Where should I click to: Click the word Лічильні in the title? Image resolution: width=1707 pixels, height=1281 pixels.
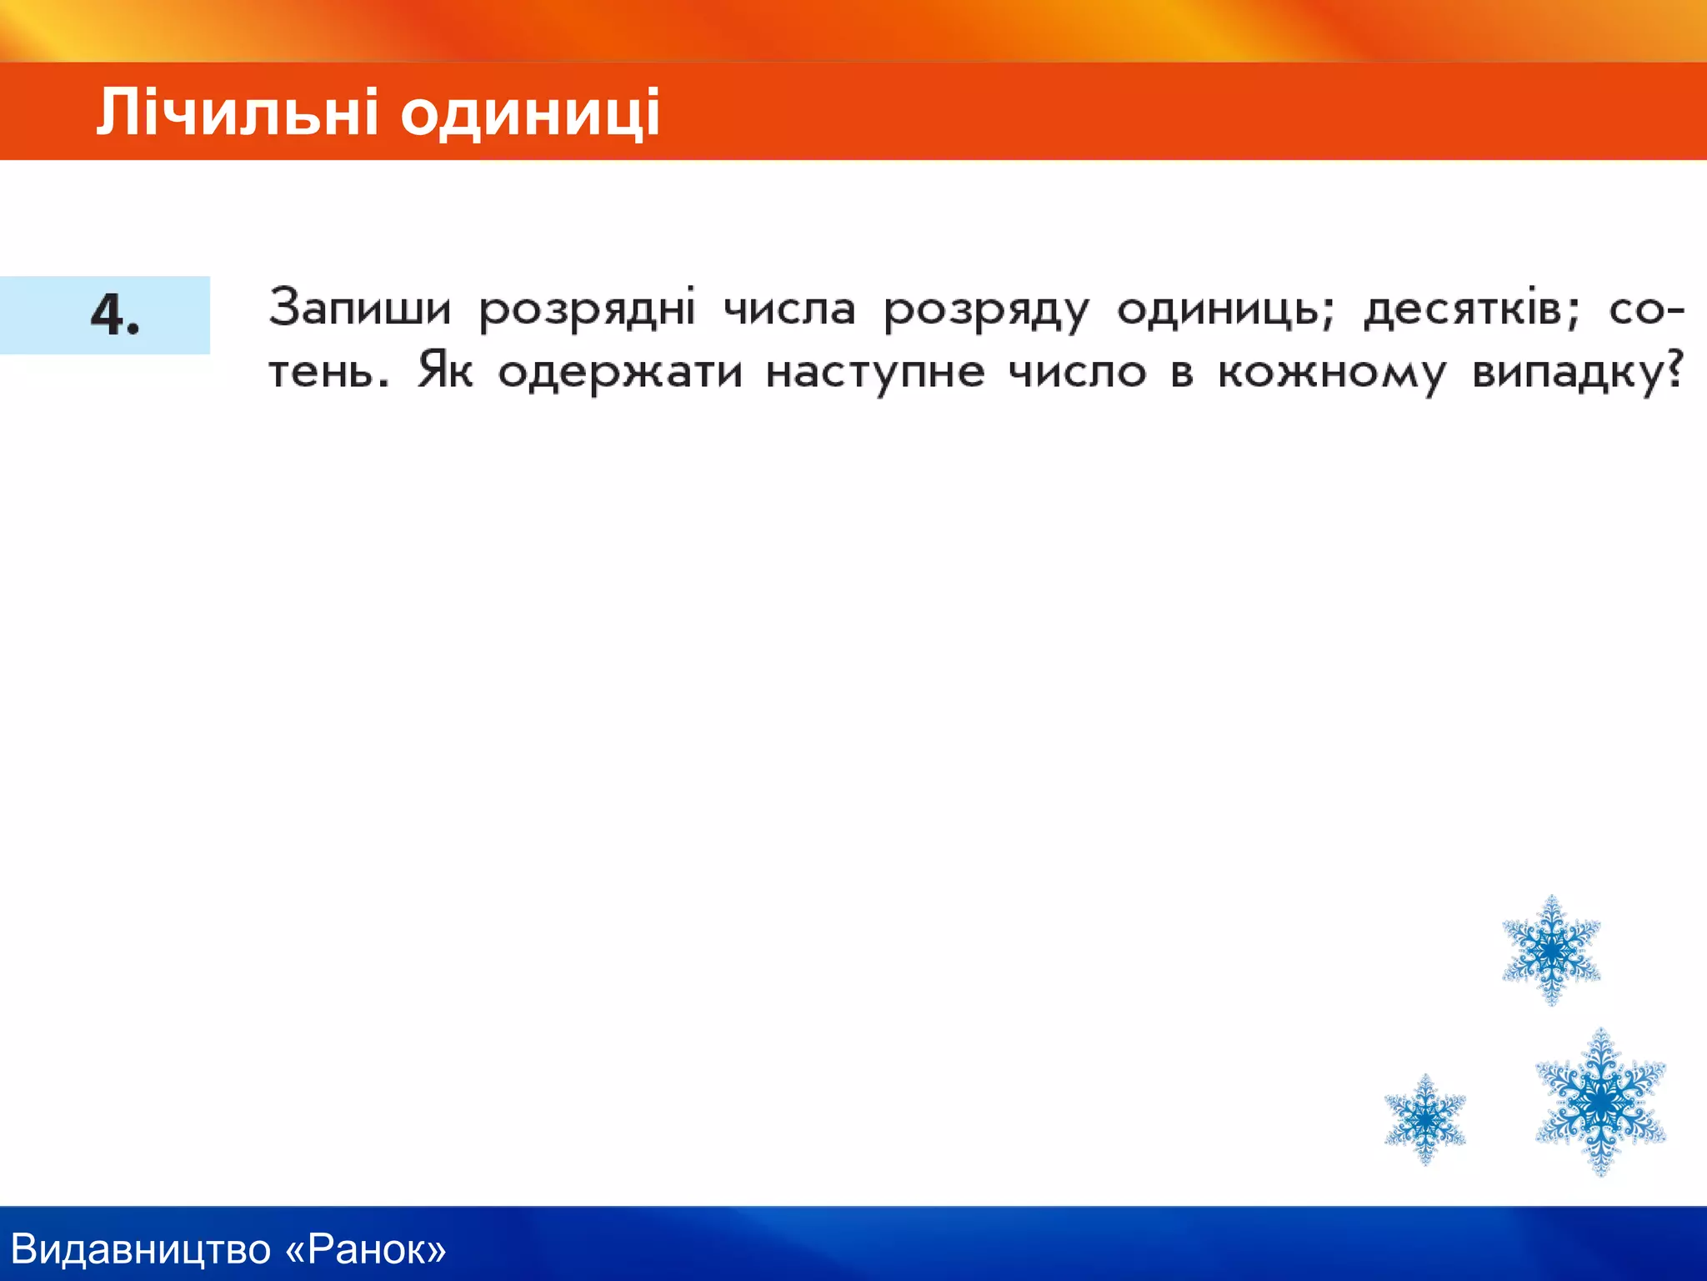[238, 113]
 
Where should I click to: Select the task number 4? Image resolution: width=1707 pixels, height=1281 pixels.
[114, 315]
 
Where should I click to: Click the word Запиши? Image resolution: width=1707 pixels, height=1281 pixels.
[359, 308]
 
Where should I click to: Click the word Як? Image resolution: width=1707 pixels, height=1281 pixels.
[445, 371]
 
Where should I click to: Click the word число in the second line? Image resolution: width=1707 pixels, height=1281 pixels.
[1078, 371]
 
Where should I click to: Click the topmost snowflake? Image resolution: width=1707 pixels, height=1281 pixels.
[1551, 950]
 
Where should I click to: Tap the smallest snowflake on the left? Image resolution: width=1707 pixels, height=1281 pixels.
[1425, 1118]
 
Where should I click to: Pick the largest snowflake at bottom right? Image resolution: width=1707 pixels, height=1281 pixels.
[1600, 1102]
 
